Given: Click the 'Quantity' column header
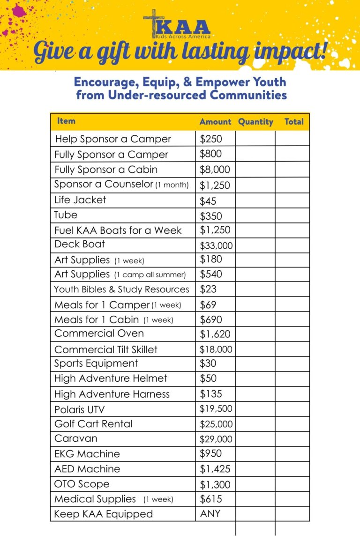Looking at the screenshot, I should coord(255,122).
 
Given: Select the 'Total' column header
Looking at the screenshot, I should coord(294,122).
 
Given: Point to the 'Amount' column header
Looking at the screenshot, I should coord(215,122).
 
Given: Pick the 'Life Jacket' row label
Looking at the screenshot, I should coord(80,200).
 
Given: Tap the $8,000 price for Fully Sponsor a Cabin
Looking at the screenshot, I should coord(215,170).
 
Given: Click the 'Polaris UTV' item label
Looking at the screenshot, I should coord(79,409).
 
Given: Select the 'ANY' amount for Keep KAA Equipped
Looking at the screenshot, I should coord(210,514).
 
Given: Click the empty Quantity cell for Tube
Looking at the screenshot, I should coord(255,215).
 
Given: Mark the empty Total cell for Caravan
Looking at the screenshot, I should coord(292,439).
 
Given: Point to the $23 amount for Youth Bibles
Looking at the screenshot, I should coord(208,289).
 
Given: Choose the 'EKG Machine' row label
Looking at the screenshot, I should coord(87,454).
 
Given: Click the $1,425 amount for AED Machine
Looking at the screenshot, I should coord(215,469).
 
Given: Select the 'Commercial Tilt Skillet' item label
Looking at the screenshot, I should coord(106,349).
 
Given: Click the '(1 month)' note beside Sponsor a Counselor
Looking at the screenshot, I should coord(172,185).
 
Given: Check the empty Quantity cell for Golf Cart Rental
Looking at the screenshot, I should coord(255,424).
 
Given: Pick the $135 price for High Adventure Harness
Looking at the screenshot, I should coord(211,394).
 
